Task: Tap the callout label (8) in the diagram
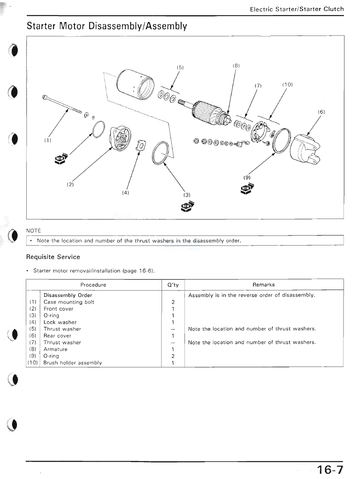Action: coord(236,66)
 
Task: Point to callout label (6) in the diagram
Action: coord(321,112)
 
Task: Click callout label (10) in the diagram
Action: coord(287,85)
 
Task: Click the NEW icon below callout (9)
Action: coord(247,188)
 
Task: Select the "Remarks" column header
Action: coord(264,285)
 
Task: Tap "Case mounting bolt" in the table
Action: coord(69,302)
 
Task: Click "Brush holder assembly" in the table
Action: coord(73,363)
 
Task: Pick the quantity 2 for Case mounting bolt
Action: coord(173,302)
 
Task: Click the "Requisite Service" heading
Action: coord(53,257)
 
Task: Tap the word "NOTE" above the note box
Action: coord(33,231)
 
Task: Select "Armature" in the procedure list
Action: coord(55,349)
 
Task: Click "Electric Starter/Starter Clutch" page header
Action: coord(297,9)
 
